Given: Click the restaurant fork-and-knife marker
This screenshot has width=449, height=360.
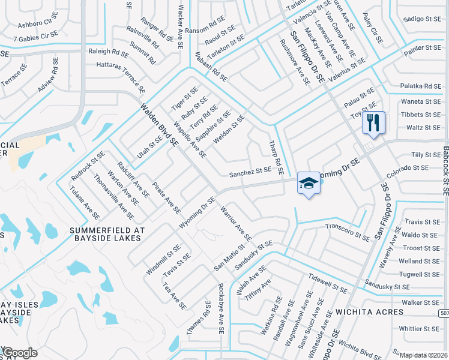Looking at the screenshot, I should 373,124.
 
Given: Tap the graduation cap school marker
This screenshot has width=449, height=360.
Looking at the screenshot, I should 309,184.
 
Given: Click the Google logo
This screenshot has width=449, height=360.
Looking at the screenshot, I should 20,353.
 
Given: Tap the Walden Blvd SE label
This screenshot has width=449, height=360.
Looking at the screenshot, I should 160,125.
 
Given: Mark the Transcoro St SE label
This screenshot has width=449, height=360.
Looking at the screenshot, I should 347,232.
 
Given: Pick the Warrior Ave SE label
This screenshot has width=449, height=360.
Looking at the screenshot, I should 235,224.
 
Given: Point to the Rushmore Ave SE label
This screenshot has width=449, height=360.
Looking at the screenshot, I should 294,62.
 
